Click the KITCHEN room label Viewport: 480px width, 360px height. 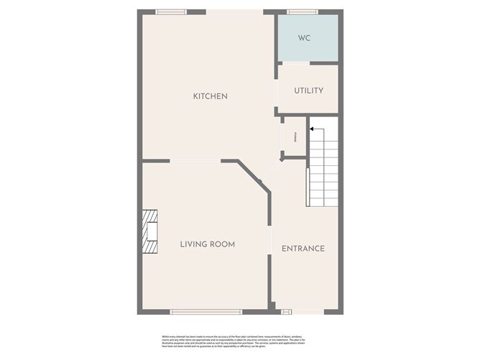click(x=210, y=96)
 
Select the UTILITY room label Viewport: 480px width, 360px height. click(x=308, y=91)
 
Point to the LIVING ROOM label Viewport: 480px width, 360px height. click(x=207, y=244)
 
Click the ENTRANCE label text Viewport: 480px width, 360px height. click(x=303, y=249)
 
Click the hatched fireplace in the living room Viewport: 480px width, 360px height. click(x=149, y=232)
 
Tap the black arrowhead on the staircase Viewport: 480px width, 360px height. click(x=311, y=129)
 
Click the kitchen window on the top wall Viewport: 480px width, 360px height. click(x=171, y=11)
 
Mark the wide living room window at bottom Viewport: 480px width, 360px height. click(x=206, y=312)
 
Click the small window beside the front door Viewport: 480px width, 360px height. click(x=286, y=312)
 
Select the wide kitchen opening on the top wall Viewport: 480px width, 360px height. click(x=234, y=11)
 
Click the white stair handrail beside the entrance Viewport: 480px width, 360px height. click(x=308, y=187)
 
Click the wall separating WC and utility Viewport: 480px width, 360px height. click(x=308, y=63)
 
